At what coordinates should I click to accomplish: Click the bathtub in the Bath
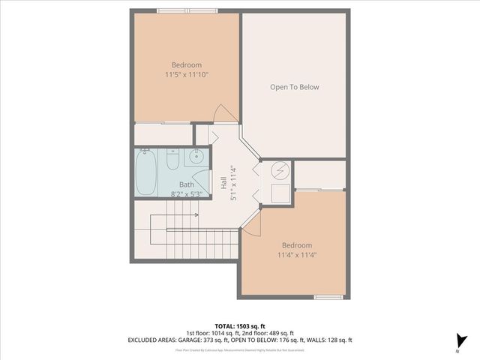coord(147,172)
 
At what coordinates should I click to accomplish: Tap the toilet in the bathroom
coord(172,160)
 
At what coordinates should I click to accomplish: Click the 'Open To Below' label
coord(294,87)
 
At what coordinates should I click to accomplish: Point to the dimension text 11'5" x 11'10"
coord(186,75)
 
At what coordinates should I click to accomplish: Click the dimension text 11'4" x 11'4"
coord(296,255)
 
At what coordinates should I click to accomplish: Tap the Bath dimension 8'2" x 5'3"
coord(187,194)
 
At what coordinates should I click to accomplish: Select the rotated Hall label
coord(223,182)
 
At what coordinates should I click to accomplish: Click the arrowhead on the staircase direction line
coord(196,215)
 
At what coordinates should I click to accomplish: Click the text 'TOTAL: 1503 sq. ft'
coord(240,325)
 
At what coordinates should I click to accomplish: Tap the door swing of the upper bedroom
coord(223,112)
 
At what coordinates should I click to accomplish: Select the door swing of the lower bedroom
coord(253,222)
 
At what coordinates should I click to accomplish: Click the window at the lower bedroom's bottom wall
coord(328,298)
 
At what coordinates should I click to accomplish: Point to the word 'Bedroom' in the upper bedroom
coord(186,64)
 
